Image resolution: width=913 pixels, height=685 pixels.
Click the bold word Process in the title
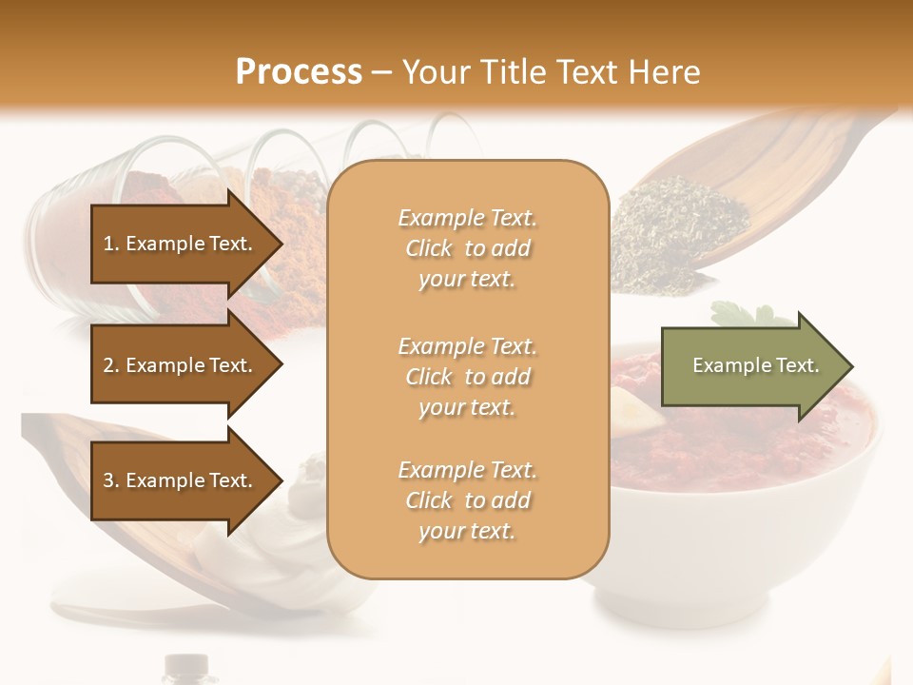(299, 72)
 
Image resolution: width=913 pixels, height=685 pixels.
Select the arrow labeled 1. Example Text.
(181, 244)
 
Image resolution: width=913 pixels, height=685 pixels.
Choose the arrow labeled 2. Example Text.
(181, 365)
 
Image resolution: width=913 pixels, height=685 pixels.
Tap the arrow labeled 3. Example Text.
(181, 480)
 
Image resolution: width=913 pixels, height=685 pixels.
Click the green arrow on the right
(751, 365)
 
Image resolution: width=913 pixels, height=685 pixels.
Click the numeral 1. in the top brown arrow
(110, 244)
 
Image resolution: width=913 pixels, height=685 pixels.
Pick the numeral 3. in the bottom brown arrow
(110, 480)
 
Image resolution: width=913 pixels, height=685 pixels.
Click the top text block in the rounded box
(467, 248)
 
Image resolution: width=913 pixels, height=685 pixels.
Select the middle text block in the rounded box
(467, 376)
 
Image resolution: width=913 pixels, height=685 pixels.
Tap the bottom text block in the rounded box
(467, 500)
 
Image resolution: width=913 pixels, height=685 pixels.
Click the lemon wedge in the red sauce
(632, 406)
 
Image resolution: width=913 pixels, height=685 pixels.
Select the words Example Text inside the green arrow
(756, 365)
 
